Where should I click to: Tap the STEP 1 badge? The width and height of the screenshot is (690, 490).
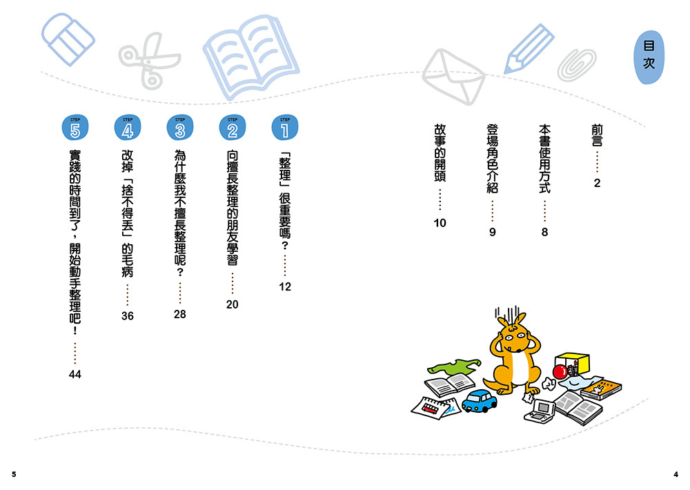click(x=285, y=128)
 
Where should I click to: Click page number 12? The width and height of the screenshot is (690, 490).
click(x=285, y=286)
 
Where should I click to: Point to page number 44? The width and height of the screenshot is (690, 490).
click(x=75, y=374)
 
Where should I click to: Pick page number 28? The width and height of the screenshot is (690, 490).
click(x=180, y=314)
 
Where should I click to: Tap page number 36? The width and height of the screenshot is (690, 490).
click(x=127, y=315)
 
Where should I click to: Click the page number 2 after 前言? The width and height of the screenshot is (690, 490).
click(x=597, y=184)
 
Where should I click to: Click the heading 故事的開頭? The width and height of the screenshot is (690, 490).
click(x=440, y=153)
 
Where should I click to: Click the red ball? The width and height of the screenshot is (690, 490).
click(x=560, y=372)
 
